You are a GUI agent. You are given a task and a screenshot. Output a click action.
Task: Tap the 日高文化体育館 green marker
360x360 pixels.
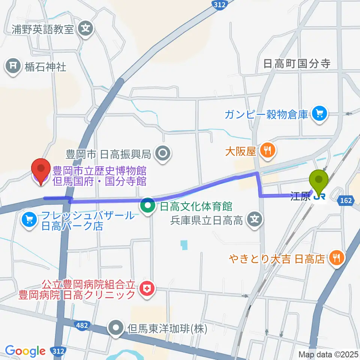(x=147, y=205)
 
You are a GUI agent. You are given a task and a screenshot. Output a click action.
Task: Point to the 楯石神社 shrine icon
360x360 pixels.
(x=13, y=67)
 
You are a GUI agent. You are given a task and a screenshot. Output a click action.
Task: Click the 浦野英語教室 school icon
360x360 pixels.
(x=85, y=28)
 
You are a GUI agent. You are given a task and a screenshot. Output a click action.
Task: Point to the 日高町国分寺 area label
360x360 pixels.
(x=297, y=64)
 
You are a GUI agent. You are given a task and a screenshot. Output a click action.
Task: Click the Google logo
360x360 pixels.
(x=25, y=351)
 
